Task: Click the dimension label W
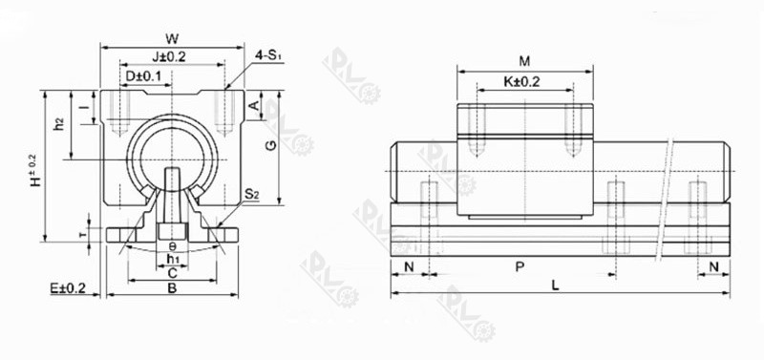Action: (171, 38)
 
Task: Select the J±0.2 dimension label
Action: (168, 56)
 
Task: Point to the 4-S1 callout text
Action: (268, 55)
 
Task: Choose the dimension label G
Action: (270, 145)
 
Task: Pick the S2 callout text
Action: (252, 194)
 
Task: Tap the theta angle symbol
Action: (172, 245)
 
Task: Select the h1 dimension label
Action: (172, 258)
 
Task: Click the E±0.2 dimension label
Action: (68, 287)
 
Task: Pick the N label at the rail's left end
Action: (409, 267)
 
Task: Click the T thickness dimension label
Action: (82, 232)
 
